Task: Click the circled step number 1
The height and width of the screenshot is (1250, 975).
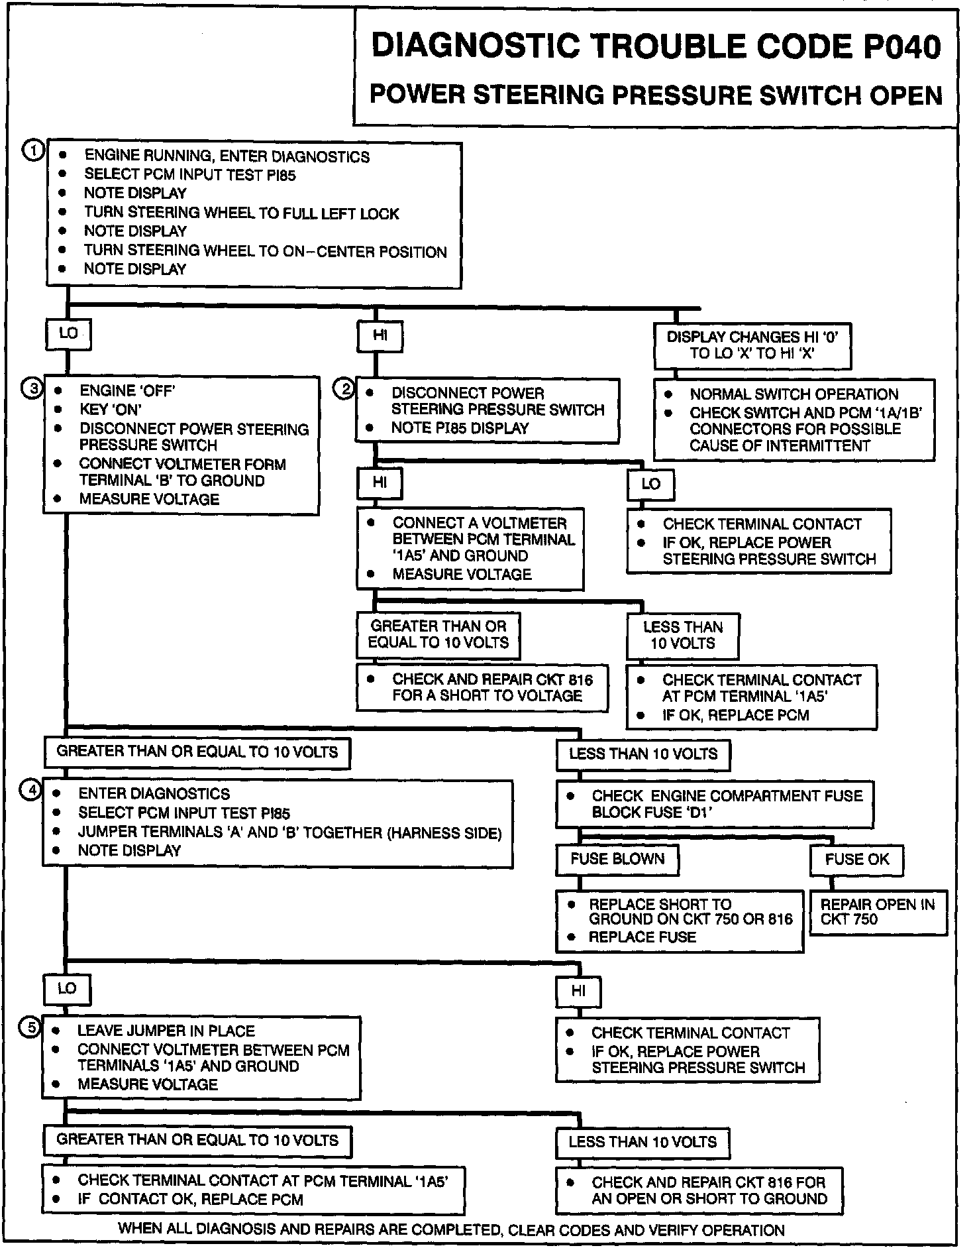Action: pyautogui.click(x=33, y=151)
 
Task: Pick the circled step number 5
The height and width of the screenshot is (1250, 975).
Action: pyautogui.click(x=32, y=1028)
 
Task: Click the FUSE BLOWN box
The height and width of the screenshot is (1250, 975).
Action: pyautogui.click(x=617, y=860)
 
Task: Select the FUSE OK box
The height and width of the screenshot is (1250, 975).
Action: pyautogui.click(x=856, y=860)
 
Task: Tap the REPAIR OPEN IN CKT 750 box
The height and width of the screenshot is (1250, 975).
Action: pyautogui.click(x=878, y=912)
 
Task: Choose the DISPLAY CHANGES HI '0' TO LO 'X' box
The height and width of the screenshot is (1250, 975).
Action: pyautogui.click(x=752, y=345)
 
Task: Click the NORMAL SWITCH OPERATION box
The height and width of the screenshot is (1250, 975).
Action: pyautogui.click(x=794, y=420)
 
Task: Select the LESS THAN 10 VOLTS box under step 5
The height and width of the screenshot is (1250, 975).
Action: pyautogui.click(x=642, y=1142)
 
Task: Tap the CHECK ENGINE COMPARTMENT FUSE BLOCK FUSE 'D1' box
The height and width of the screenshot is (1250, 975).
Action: pyautogui.click(x=714, y=804)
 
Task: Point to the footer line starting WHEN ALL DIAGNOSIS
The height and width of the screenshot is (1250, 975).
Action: pyautogui.click(x=451, y=1229)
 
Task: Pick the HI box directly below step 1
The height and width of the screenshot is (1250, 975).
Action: pyautogui.click(x=380, y=335)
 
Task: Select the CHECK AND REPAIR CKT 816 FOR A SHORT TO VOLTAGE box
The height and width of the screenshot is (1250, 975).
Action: pyautogui.click(x=482, y=687)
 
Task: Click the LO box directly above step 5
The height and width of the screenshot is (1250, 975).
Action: pyautogui.click(x=67, y=989)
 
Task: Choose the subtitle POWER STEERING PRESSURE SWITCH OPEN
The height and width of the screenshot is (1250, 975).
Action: pyautogui.click(x=656, y=95)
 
